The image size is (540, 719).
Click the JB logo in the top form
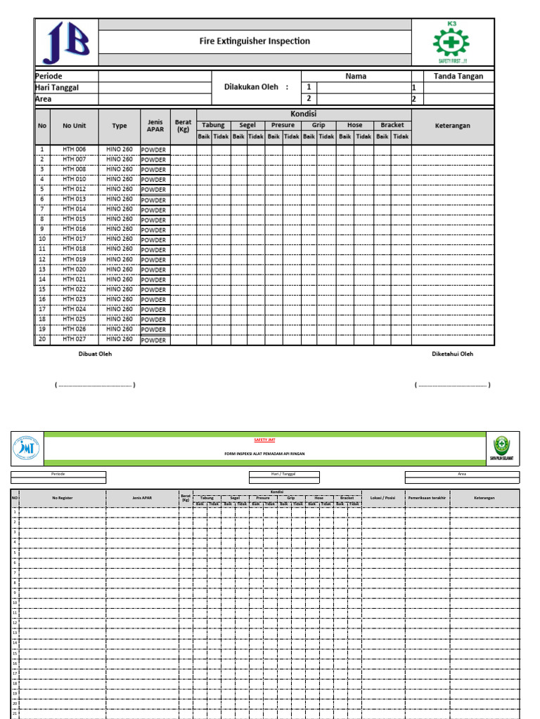(x=67, y=43)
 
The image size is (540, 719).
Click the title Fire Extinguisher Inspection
(x=255, y=41)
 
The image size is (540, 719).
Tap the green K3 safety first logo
(x=453, y=42)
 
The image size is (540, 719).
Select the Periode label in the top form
(x=49, y=76)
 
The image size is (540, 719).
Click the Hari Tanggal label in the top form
(x=57, y=87)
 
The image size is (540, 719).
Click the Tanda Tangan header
(x=458, y=76)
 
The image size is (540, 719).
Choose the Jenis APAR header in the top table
(x=155, y=126)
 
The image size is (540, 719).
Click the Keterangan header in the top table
(x=453, y=126)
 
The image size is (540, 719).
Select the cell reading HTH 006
(x=74, y=150)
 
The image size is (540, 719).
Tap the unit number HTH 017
(x=74, y=239)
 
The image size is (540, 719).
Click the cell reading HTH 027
(x=74, y=339)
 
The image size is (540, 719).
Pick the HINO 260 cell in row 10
(x=120, y=239)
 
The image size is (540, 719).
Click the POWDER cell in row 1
(x=154, y=150)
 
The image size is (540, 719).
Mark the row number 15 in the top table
(x=42, y=289)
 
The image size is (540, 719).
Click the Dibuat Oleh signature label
(x=95, y=354)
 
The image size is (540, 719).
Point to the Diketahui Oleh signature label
(x=452, y=354)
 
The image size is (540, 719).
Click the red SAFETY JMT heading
(x=265, y=440)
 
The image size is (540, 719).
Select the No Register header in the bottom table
(x=63, y=498)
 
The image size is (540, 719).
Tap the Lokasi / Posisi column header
(x=382, y=498)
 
